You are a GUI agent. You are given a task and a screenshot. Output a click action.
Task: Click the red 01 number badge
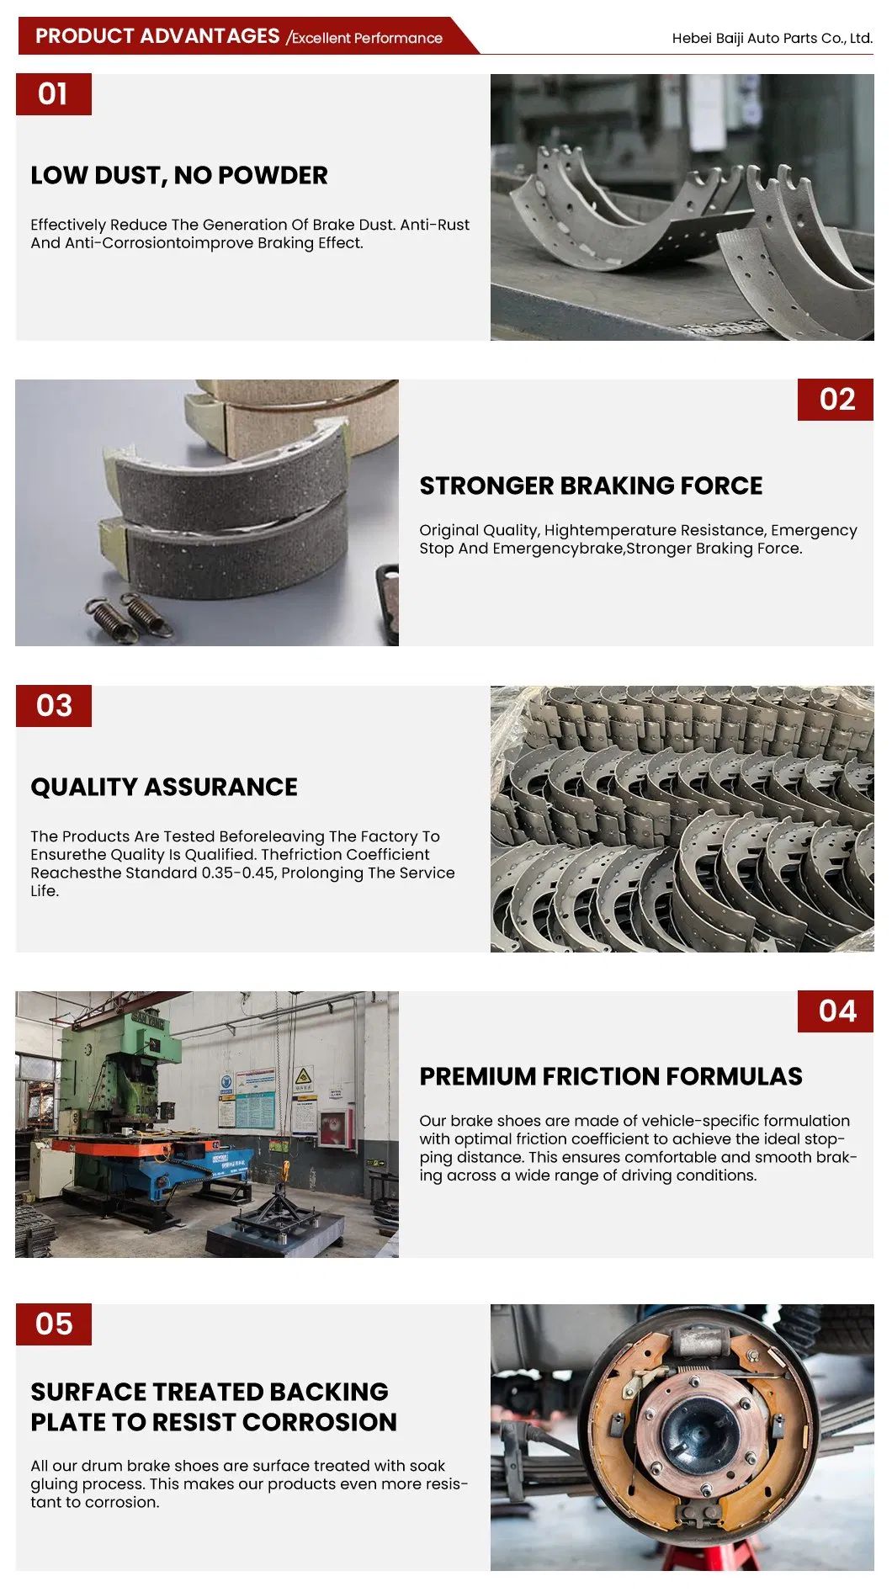click(x=54, y=94)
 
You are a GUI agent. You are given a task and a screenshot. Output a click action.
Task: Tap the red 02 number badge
click(x=836, y=400)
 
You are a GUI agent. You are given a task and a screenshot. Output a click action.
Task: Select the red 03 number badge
click(x=54, y=706)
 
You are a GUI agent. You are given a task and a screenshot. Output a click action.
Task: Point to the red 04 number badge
click(x=836, y=1011)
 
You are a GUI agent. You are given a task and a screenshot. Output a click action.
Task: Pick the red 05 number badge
click(x=54, y=1324)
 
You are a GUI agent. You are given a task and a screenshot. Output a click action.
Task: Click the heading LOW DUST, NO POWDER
click(x=179, y=176)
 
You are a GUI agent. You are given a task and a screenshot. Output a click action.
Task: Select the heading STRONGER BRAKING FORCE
click(x=591, y=486)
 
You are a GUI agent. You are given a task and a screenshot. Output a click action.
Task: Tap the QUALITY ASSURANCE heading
click(x=164, y=787)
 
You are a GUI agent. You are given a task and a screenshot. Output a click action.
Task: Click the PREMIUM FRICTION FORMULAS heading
click(x=611, y=1076)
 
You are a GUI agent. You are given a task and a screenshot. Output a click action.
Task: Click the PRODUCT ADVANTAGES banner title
click(x=157, y=36)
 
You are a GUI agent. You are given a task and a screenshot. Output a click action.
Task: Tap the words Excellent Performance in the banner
click(x=367, y=38)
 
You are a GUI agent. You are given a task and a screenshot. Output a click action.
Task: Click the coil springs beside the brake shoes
click(x=132, y=618)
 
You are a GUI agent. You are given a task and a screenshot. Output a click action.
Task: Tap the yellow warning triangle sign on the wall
click(x=304, y=1075)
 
